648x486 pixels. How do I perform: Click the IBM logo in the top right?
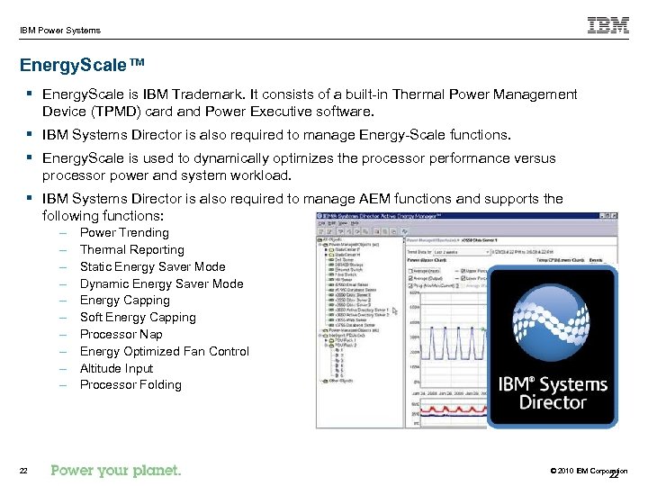pos(608,25)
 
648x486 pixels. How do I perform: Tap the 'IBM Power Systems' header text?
pos(60,31)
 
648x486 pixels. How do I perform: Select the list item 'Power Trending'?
pos(124,232)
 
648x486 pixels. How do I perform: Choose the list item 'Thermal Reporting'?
pos(131,249)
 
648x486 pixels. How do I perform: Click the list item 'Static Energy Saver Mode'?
pos(152,266)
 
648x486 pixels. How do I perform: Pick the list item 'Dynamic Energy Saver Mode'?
pos(161,283)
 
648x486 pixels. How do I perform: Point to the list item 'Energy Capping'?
pos(124,301)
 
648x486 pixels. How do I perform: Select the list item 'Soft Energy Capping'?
pos(138,317)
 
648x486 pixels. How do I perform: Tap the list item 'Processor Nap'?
pos(121,334)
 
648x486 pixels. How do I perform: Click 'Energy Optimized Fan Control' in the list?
pos(164,351)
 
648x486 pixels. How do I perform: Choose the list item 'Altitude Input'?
pos(116,368)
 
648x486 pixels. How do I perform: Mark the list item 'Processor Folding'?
pos(130,385)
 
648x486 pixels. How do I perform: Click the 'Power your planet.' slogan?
pos(116,470)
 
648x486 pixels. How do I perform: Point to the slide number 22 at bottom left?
pos(25,471)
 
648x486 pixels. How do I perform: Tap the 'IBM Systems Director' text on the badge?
pos(553,393)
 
